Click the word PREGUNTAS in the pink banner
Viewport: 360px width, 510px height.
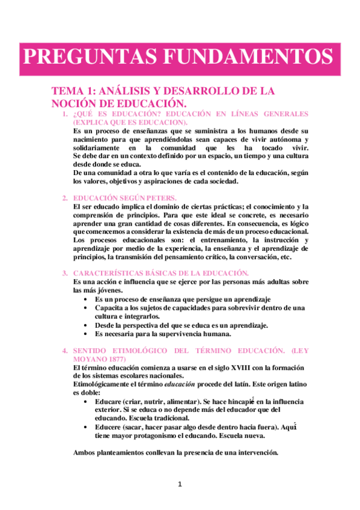coord(82,58)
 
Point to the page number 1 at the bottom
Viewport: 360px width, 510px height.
coord(180,484)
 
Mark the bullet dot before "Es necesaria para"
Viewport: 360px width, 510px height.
coord(88,333)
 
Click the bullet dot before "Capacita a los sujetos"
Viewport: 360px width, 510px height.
coord(88,307)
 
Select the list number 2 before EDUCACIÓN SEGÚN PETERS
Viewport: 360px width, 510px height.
coord(65,197)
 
